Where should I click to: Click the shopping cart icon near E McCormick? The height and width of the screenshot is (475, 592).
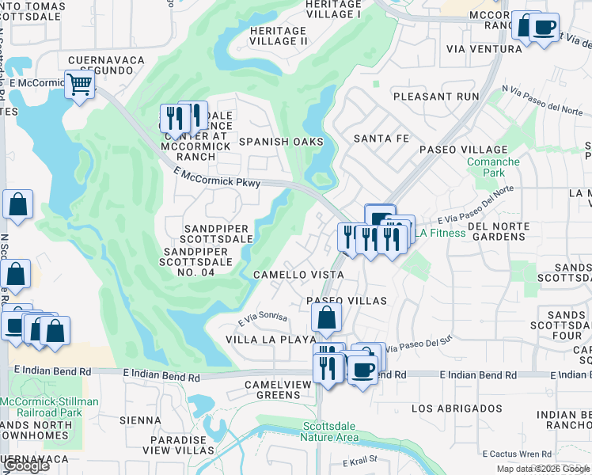coord(79,84)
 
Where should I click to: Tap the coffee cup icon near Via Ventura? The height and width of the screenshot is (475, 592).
coord(544,28)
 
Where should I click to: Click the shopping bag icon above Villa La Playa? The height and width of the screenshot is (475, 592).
coord(326,319)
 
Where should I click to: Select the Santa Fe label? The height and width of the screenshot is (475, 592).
coord(381,139)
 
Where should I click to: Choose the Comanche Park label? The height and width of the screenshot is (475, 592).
coord(493,167)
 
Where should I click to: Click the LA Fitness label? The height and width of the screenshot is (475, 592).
coord(441,233)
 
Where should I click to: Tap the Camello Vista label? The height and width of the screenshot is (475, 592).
coord(298,275)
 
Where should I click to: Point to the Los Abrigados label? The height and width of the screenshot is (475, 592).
coord(457,408)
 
